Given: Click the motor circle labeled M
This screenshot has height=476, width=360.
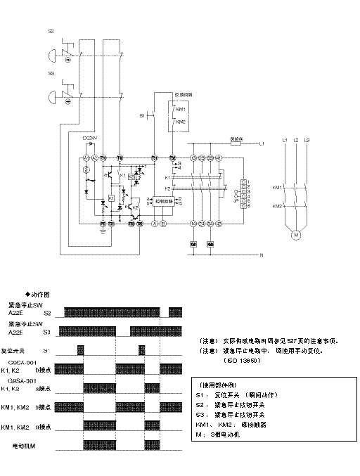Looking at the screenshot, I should coord(296,233).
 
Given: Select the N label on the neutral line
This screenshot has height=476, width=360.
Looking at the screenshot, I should coord(262,254).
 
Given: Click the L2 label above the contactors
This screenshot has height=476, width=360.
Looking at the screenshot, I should coord(296,141).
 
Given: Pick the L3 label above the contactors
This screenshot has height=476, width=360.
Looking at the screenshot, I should coord(307,141).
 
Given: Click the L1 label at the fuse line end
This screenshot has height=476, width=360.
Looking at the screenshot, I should coord(262,143).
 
